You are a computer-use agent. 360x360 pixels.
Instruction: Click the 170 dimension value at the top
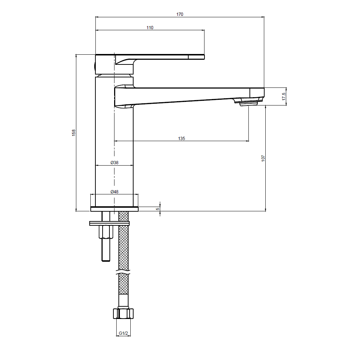point(180,14)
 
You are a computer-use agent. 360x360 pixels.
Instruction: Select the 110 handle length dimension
point(150,28)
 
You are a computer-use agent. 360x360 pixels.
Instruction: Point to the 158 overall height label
point(74,133)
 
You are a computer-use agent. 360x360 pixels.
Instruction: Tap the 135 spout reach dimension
point(181,139)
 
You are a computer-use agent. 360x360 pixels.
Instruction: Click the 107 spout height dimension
point(263,158)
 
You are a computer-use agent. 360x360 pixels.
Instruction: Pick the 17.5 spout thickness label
point(284,96)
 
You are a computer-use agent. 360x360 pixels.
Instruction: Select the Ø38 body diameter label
point(114,163)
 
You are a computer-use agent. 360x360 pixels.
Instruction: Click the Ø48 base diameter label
point(114,192)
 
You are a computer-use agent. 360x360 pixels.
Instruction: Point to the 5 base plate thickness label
point(158,209)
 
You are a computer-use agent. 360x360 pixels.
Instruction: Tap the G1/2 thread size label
point(123,333)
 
